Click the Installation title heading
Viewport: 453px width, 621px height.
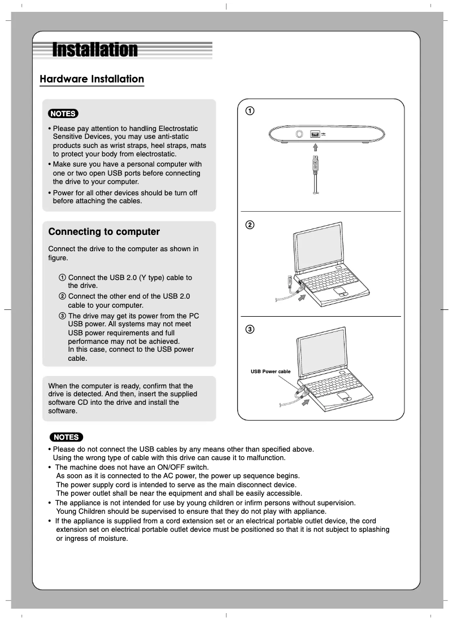[95, 50]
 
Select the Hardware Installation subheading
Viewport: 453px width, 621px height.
[92, 79]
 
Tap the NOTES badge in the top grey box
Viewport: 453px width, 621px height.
[63, 113]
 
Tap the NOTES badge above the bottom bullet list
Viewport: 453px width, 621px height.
[66, 437]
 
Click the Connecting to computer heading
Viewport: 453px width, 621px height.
[104, 232]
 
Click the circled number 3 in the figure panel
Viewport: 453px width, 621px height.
[249, 329]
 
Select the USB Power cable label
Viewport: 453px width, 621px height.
[271, 371]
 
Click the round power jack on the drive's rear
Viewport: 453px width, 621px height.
[300, 134]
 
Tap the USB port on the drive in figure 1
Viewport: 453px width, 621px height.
[315, 134]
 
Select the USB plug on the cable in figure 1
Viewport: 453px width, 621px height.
[316, 165]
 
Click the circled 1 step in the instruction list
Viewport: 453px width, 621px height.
[62, 278]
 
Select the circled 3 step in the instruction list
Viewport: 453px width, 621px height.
[62, 315]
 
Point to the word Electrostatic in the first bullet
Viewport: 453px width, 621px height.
[182, 129]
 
